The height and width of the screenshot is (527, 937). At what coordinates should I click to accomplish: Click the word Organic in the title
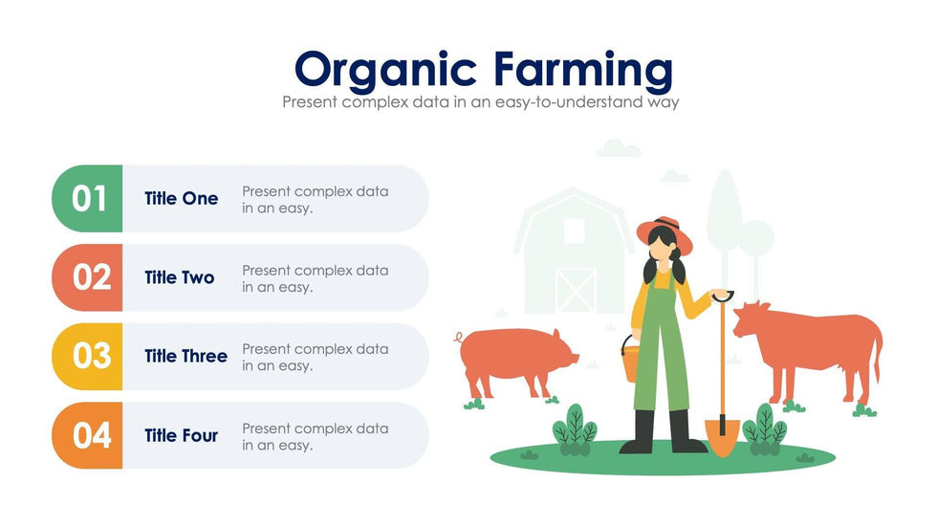tap(385, 71)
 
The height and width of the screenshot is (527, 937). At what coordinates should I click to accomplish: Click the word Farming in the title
tap(584, 71)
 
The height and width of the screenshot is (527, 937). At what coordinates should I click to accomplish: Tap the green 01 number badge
tap(87, 198)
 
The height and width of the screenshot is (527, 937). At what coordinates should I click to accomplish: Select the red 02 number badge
tap(87, 277)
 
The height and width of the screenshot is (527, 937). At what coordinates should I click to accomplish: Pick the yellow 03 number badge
tap(87, 357)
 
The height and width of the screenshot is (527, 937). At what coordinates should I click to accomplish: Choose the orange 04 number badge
tap(87, 435)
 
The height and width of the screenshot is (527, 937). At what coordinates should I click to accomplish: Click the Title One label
tap(181, 198)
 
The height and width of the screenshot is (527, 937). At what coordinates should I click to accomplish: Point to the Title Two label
tap(180, 277)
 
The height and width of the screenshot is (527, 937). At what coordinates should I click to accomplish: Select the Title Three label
tap(185, 356)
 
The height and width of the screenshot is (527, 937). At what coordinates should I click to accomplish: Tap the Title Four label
tap(181, 435)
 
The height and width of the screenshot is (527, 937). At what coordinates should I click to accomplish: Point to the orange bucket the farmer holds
tap(630, 361)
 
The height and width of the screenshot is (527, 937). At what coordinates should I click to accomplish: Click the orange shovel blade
tap(723, 437)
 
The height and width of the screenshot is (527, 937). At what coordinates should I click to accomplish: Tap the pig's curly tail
tap(459, 338)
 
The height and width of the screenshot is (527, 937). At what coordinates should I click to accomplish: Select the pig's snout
tap(574, 358)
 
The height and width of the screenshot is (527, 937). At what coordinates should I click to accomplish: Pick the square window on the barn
tap(575, 231)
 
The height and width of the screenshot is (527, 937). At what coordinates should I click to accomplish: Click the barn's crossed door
tap(576, 291)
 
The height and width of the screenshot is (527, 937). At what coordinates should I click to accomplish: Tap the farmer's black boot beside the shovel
tap(686, 432)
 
